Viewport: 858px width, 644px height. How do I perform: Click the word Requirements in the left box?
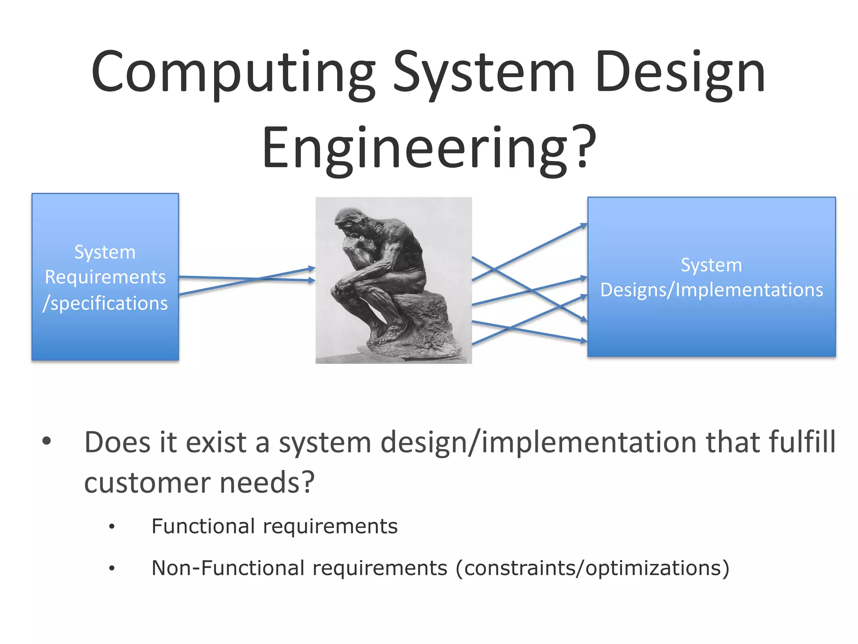105,277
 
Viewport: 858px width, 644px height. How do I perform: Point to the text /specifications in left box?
105,303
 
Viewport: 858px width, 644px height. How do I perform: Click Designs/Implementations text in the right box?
711,290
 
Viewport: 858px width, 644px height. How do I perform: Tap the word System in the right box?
711,265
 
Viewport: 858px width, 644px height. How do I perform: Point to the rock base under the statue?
423,323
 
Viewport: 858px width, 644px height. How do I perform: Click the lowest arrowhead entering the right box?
583,341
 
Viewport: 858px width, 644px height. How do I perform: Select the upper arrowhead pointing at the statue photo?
311,268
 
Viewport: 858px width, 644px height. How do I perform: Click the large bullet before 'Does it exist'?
47,441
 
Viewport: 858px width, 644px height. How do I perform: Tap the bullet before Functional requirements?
111,527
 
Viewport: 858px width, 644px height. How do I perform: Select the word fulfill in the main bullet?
802,442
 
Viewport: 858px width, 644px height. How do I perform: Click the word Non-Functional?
228,569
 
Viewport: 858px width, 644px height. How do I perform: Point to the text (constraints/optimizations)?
592,569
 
